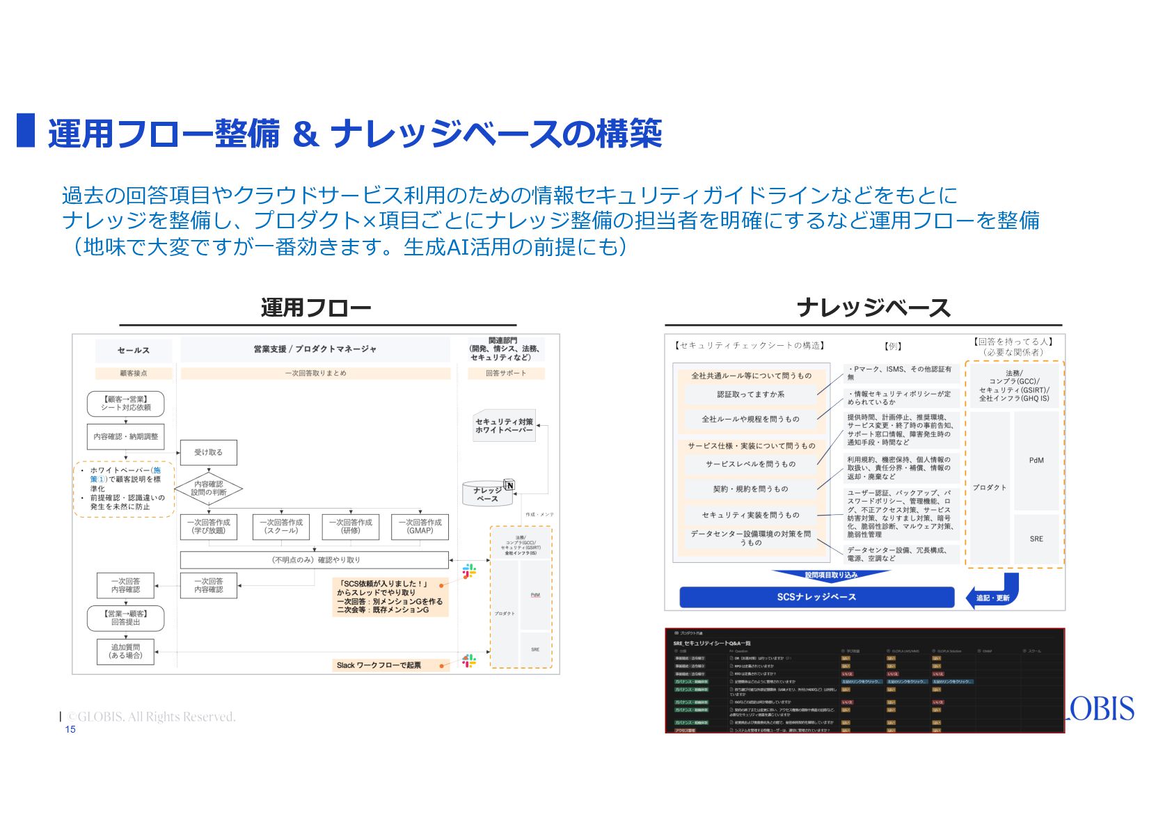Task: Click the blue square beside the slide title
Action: pyautogui.click(x=26, y=130)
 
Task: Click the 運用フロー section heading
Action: pyautogui.click(x=316, y=308)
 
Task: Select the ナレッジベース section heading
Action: pyautogui.click(x=873, y=308)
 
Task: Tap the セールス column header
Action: pyautogui.click(x=133, y=350)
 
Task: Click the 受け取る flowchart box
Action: pyautogui.click(x=208, y=452)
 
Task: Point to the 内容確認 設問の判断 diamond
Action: pyautogui.click(x=209, y=488)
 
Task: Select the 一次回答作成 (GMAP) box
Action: pyautogui.click(x=420, y=527)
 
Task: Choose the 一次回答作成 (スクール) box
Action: pyautogui.click(x=280, y=527)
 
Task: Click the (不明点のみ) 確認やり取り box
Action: pyautogui.click(x=315, y=559)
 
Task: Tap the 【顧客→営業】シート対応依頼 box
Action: pyautogui.click(x=125, y=404)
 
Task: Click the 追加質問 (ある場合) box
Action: pyautogui.click(x=125, y=651)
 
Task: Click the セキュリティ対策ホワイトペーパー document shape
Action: pyautogui.click(x=504, y=426)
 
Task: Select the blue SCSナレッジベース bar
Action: pyautogui.click(x=816, y=597)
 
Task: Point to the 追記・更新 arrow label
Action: pyautogui.click(x=992, y=598)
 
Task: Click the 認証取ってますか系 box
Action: pyautogui.click(x=750, y=395)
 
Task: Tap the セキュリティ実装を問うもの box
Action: pyautogui.click(x=750, y=515)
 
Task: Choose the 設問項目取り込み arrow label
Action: pyautogui.click(x=831, y=575)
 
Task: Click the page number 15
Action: pyautogui.click(x=70, y=729)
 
